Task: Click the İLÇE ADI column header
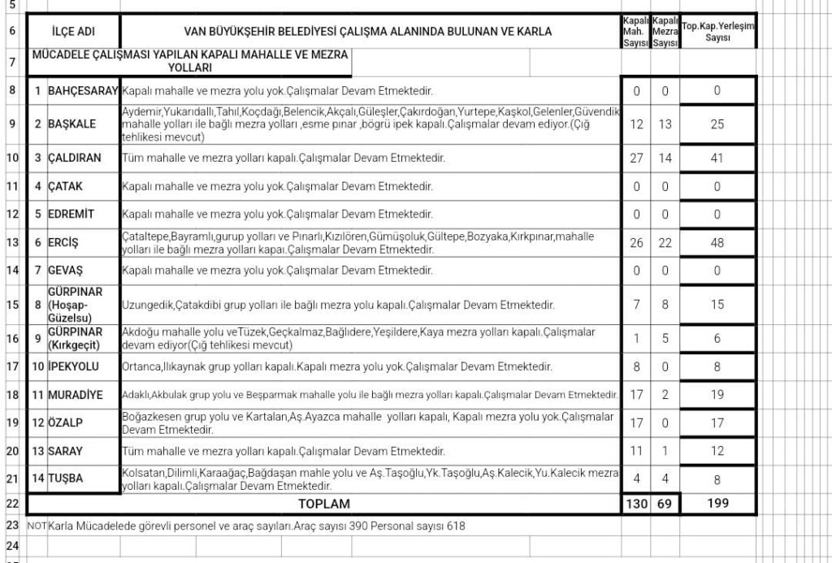click(73, 32)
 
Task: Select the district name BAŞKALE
click(72, 124)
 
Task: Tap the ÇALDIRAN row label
click(75, 158)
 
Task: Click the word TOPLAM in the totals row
click(323, 504)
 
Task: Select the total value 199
click(717, 503)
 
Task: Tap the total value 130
click(636, 504)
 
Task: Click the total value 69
click(665, 504)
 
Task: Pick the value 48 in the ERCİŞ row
click(717, 243)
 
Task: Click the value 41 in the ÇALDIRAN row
click(717, 158)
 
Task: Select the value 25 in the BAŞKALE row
click(717, 124)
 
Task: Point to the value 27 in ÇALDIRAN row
click(636, 158)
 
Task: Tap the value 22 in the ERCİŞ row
click(665, 243)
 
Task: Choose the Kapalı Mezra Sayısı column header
click(665, 32)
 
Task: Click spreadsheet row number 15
click(12, 305)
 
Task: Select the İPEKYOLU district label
click(72, 366)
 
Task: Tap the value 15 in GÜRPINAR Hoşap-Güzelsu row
click(717, 305)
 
